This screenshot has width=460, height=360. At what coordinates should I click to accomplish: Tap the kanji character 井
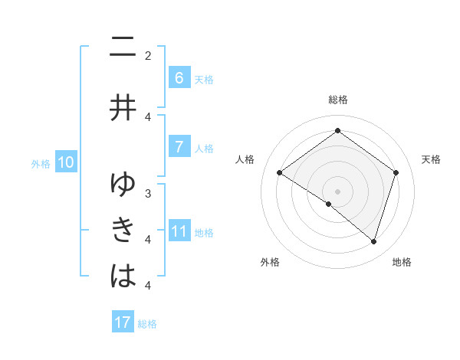click(x=123, y=107)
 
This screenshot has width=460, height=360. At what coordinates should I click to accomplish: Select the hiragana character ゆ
click(x=123, y=185)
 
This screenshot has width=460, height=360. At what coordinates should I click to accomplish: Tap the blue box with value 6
click(x=179, y=78)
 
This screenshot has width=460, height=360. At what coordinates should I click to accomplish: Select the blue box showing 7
click(x=179, y=148)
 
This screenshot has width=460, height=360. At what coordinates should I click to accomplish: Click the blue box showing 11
click(x=179, y=231)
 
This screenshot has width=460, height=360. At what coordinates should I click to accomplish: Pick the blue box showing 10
click(x=66, y=162)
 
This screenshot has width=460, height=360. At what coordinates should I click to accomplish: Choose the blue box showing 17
click(x=123, y=322)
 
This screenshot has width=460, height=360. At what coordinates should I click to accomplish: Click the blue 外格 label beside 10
click(x=40, y=163)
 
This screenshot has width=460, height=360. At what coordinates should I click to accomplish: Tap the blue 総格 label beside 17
click(x=147, y=324)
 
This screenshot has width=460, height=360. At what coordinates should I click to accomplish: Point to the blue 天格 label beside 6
click(x=204, y=79)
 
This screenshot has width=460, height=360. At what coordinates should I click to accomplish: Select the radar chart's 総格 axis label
click(x=337, y=100)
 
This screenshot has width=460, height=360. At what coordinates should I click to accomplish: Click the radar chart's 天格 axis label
click(x=432, y=159)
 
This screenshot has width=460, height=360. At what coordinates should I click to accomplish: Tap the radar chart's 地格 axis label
click(x=402, y=262)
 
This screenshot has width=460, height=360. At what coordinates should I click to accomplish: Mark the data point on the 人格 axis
click(x=279, y=173)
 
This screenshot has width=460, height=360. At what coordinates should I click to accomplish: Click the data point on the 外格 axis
click(x=329, y=204)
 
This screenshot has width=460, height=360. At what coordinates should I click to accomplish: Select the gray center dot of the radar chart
click(x=337, y=191)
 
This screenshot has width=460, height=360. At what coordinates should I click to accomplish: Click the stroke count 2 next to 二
click(x=148, y=55)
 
